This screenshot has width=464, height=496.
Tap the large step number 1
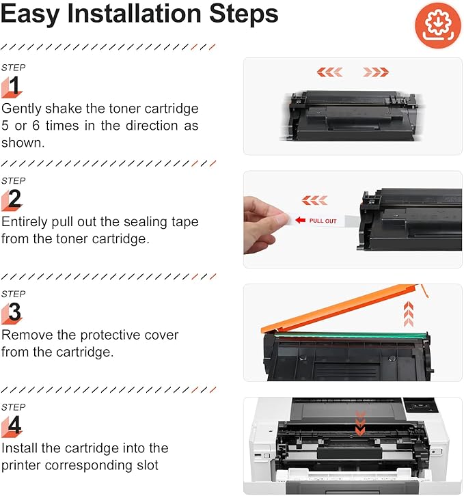14,86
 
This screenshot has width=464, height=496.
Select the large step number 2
14,199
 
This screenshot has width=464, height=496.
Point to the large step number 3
14,313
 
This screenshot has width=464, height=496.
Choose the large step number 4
14,426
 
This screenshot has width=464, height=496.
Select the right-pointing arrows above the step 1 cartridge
376,72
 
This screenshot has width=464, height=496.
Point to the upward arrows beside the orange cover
409,314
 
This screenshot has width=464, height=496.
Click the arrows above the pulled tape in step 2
314,200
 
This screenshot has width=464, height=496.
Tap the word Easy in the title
31,14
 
